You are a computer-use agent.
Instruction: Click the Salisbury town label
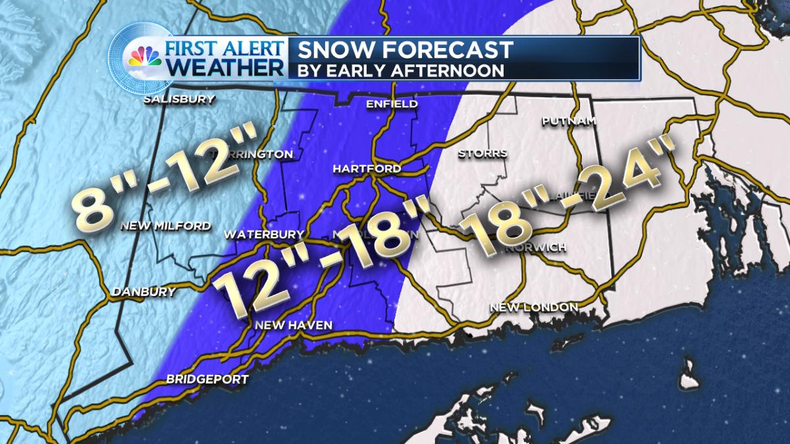point(180,100)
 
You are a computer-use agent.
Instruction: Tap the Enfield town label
point(392,105)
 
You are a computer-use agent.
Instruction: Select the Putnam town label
point(569,121)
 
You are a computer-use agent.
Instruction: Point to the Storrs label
point(483,154)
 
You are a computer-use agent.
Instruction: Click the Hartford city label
point(367,169)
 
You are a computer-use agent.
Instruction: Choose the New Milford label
point(165,226)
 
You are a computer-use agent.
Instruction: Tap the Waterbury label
point(264,234)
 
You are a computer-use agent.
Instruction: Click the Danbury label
point(144,291)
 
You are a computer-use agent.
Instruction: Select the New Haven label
point(294,325)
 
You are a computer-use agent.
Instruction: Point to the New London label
point(534,307)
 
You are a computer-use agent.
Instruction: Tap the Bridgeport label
point(207,379)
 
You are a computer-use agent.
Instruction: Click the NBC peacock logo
point(144,58)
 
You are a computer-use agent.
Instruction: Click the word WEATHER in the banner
point(226,68)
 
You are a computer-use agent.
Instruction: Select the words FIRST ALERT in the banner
point(226,49)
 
